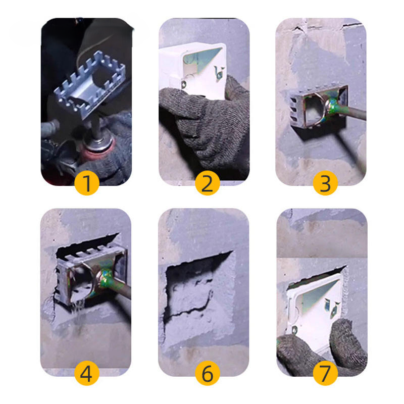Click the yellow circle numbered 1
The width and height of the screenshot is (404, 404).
(x=87, y=183)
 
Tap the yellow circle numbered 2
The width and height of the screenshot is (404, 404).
(x=207, y=183)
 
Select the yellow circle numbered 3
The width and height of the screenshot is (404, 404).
(x=325, y=183)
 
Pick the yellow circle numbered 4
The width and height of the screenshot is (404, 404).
(x=87, y=373)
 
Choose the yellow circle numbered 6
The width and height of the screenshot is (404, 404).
(x=207, y=373)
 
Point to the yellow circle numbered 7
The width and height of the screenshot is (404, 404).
(x=325, y=373)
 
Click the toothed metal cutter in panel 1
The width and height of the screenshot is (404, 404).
(x=90, y=85)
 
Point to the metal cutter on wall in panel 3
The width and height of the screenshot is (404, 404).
(x=318, y=106)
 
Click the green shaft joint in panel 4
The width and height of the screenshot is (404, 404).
(x=106, y=278)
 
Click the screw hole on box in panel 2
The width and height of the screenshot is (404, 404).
(x=184, y=84)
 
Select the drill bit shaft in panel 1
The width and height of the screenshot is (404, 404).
(x=96, y=128)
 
